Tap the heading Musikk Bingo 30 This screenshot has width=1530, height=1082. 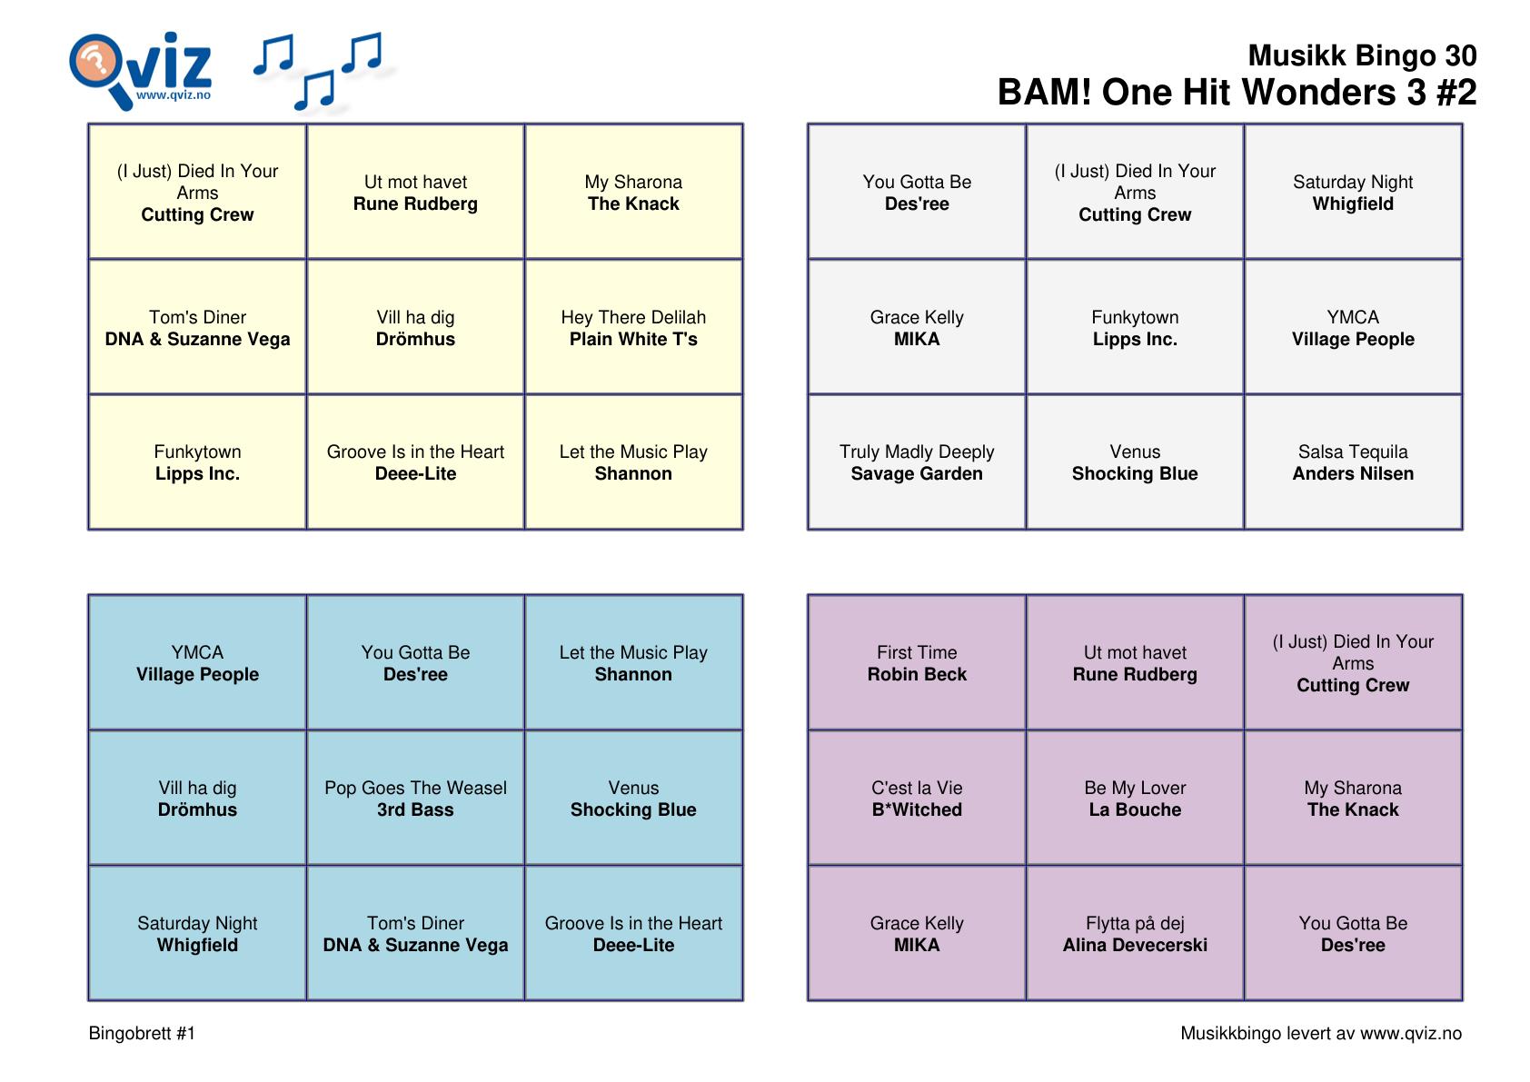[x=1361, y=55]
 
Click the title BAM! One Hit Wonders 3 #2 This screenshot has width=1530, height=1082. [x=1237, y=93]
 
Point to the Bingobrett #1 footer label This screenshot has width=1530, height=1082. [x=142, y=1033]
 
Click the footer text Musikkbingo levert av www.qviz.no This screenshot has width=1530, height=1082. [x=1320, y=1033]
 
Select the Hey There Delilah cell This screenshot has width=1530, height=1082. [x=633, y=328]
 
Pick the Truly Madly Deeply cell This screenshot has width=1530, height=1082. [x=917, y=462]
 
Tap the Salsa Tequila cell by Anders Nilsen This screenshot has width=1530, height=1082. [x=1353, y=462]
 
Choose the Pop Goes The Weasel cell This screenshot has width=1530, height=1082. [x=415, y=799]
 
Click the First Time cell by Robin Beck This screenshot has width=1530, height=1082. [x=917, y=663]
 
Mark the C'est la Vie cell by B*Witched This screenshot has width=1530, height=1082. [x=917, y=799]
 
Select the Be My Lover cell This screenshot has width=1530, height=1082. [x=1135, y=799]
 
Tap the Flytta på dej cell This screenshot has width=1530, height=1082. [x=1135, y=934]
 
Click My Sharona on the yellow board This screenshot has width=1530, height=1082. [x=633, y=193]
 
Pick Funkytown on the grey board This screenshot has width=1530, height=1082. [x=1135, y=328]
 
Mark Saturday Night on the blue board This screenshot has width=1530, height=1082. [x=197, y=934]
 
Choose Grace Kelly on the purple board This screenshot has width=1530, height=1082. [x=917, y=934]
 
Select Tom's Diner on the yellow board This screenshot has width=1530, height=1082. [x=197, y=328]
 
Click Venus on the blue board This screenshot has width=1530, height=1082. [x=633, y=799]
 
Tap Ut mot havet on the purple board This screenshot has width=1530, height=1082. [x=1135, y=663]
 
